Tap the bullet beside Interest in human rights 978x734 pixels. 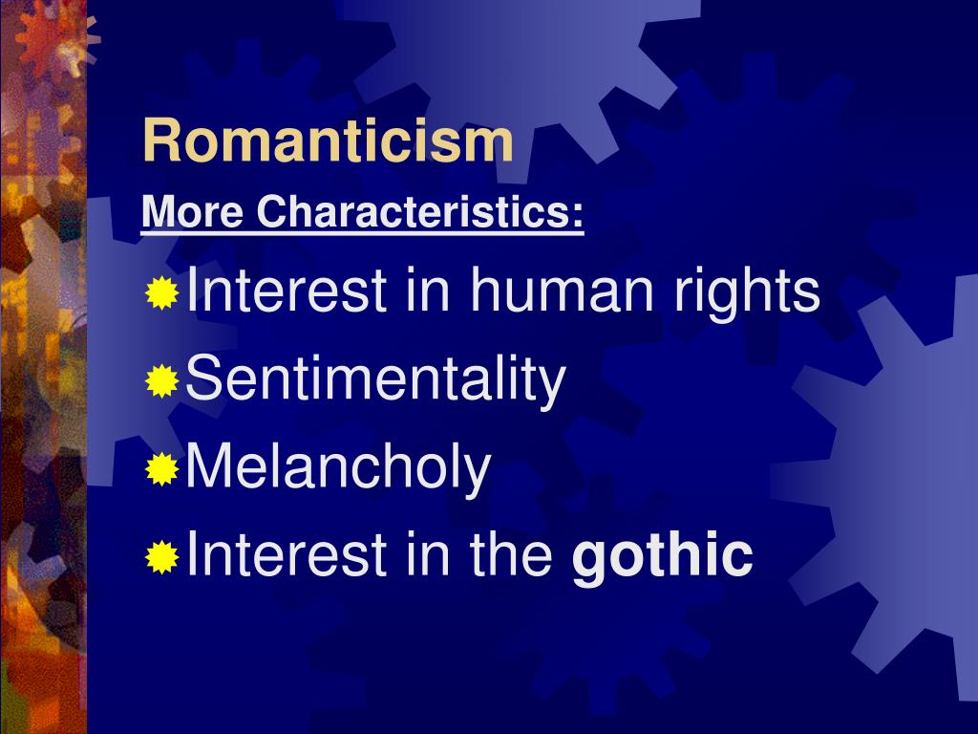[x=162, y=295]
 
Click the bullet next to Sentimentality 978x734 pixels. [x=162, y=382]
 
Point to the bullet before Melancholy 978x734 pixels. [x=162, y=469]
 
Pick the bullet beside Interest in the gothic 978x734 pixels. [x=162, y=556]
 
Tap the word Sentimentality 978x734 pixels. [x=376, y=380]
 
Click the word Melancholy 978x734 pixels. [x=338, y=468]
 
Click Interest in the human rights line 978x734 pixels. [x=287, y=292]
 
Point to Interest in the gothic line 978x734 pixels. [x=287, y=554]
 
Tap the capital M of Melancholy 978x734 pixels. [x=207, y=468]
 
